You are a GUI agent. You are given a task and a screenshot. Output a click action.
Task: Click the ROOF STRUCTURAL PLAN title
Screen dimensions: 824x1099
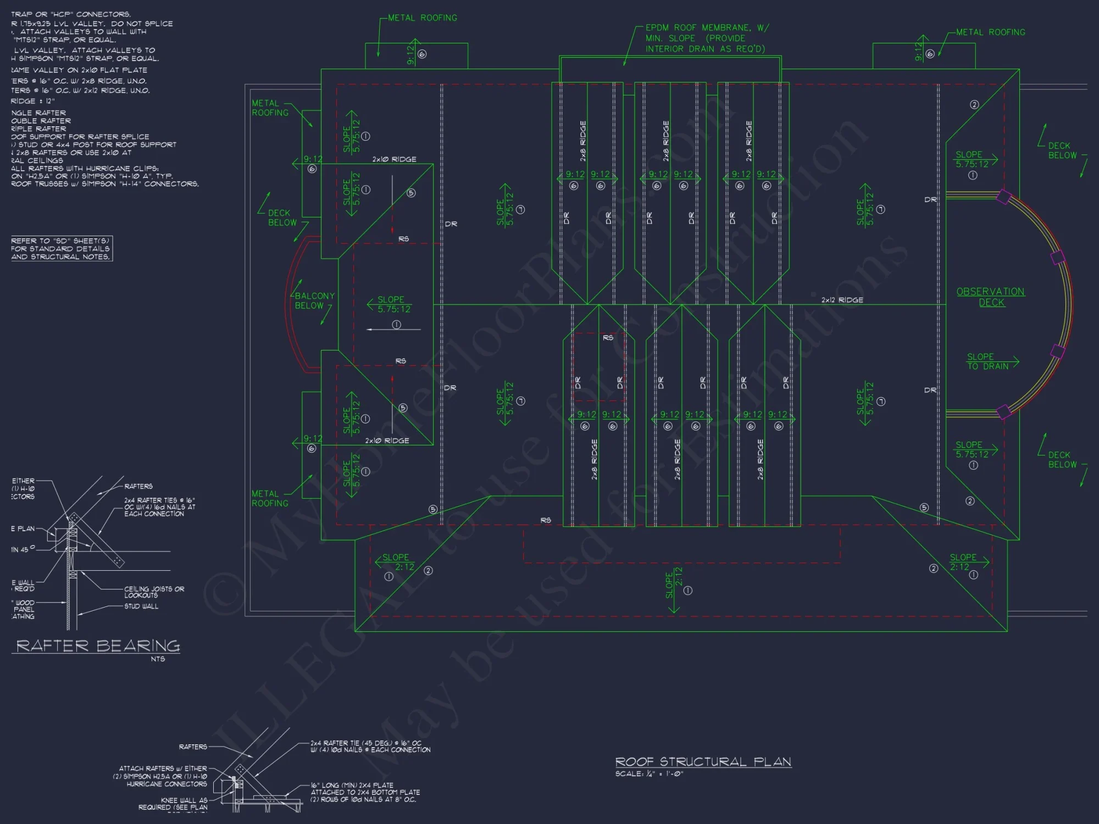[703, 761]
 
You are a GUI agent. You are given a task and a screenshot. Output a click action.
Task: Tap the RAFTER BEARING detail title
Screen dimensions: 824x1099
[98, 646]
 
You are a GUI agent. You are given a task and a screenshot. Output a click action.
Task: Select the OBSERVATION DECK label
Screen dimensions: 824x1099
[991, 297]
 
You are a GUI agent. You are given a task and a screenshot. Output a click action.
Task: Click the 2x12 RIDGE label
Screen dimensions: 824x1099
[842, 300]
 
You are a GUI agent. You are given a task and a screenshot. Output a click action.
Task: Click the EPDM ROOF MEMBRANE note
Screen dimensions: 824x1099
[707, 38]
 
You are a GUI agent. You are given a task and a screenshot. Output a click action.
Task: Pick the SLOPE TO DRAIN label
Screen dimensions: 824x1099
[987, 361]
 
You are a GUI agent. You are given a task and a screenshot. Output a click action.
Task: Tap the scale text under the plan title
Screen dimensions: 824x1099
[648, 774]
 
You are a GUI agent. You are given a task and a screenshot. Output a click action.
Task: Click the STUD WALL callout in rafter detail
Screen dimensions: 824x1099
[141, 606]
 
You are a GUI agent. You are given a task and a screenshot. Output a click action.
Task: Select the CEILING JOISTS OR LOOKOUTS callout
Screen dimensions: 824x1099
[154, 592]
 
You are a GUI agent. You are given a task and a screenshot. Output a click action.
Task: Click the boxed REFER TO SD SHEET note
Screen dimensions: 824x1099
[61, 249]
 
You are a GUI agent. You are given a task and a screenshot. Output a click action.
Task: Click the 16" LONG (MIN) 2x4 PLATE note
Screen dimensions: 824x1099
[365, 792]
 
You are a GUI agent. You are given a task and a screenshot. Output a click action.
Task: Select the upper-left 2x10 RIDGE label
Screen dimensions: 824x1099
[394, 159]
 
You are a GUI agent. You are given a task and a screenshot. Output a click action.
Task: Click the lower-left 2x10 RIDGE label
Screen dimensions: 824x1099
[387, 441]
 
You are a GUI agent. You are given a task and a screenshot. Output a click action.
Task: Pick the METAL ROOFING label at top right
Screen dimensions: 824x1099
[990, 32]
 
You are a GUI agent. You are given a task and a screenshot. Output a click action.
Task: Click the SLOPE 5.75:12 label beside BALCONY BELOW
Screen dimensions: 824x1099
[393, 304]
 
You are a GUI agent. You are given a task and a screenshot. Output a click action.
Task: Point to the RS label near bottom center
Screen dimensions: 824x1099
[545, 520]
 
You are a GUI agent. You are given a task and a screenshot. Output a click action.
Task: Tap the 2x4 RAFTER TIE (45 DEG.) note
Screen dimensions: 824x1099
[370, 746]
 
